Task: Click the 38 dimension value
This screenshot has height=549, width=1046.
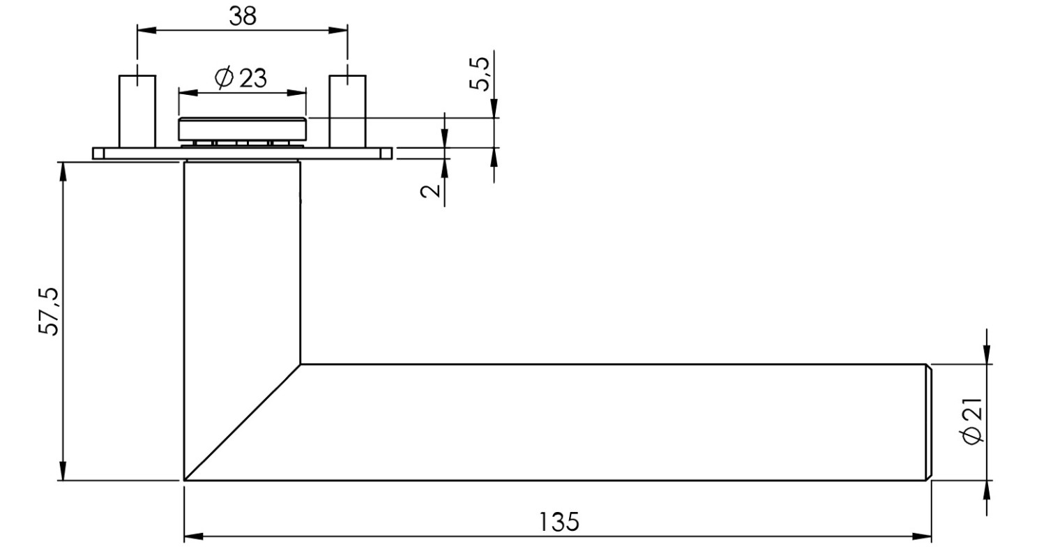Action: tap(242, 16)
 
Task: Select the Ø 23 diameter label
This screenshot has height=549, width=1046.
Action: tap(241, 78)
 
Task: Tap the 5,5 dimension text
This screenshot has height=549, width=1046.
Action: tap(480, 73)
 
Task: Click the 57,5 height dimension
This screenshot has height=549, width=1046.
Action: tap(50, 311)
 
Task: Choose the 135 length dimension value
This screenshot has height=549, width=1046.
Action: tap(559, 521)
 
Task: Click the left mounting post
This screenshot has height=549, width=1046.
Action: tap(137, 112)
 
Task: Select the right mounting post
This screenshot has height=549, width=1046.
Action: tap(347, 112)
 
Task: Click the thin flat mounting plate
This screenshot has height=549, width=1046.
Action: tap(242, 153)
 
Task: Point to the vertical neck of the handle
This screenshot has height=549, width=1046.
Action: tap(242, 258)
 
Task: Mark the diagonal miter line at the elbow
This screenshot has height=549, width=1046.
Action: tap(242, 423)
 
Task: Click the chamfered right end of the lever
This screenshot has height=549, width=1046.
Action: tap(928, 422)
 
